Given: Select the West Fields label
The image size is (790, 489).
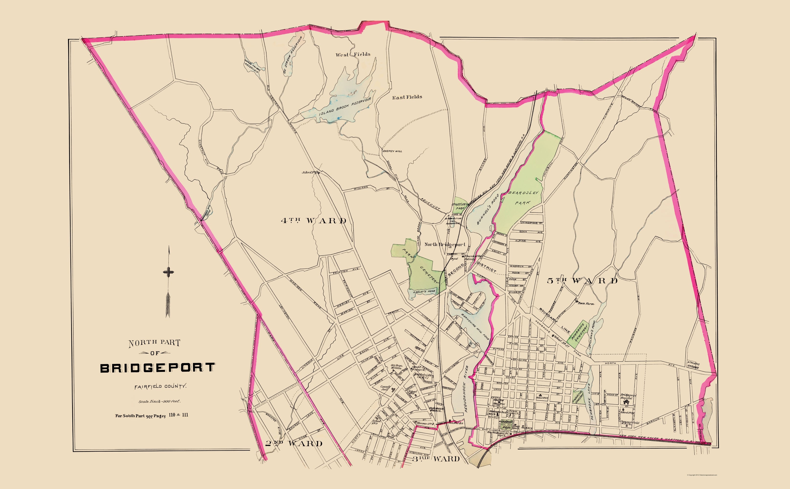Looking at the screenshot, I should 353,54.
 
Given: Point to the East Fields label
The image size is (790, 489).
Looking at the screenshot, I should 407,97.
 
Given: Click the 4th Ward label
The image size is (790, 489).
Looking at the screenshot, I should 314,221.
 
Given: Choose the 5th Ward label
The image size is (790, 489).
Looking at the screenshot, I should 582,280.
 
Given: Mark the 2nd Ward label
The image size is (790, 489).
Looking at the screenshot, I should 294,443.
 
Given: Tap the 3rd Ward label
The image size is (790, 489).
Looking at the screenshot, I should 436,459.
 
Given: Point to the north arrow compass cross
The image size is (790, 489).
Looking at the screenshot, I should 168,272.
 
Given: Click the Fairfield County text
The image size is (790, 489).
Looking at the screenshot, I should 161,386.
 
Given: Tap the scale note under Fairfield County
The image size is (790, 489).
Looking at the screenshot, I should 159,401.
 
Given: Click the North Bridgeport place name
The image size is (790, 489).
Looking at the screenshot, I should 445,244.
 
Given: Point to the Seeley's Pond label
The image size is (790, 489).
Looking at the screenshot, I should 424,291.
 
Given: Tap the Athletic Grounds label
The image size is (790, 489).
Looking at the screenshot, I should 693,366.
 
